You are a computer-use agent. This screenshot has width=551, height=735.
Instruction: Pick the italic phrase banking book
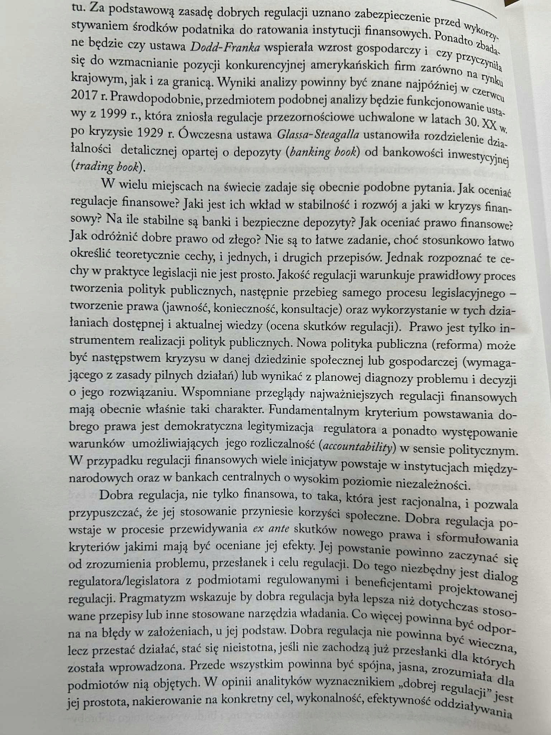pyautogui.click(x=323, y=153)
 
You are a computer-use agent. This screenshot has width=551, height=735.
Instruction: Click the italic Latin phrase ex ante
pyautogui.click(x=274, y=528)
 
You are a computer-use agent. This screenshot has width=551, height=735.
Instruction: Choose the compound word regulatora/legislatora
pyautogui.click(x=126, y=581)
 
